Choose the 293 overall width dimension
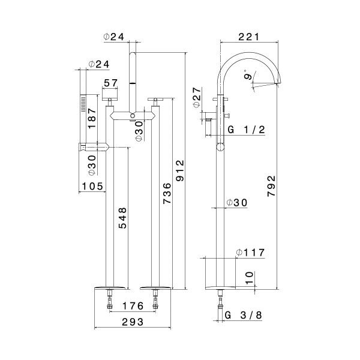pos(133,322)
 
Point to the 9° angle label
pos(248,76)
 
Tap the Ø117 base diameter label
pos(250,252)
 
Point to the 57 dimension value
pos(111,83)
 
